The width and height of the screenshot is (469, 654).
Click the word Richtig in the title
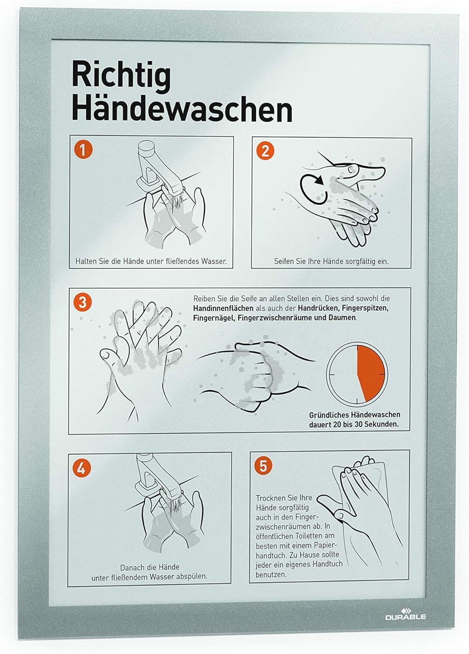click(x=122, y=75)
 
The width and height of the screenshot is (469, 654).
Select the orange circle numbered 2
click(x=265, y=151)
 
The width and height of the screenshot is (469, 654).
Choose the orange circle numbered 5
click(x=263, y=466)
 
